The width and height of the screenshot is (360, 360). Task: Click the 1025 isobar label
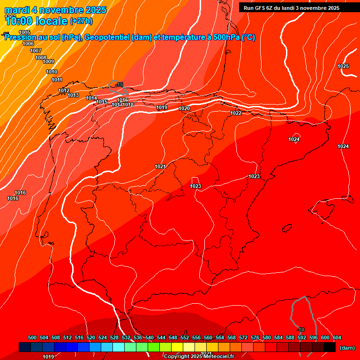pos(343,66)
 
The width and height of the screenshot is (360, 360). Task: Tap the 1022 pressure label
pos(236,113)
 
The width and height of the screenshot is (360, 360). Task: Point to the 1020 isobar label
pos(184,108)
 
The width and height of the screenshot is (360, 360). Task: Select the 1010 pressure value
pos(52,72)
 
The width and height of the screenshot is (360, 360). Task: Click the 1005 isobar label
pos(24,32)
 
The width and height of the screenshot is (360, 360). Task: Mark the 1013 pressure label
pos(73,95)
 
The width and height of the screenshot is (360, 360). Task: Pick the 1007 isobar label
pos(36,51)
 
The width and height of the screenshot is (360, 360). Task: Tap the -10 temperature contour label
pos(301,330)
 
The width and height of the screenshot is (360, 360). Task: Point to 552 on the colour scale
pos(185,337)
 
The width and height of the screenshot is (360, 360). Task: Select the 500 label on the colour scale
pos(32,337)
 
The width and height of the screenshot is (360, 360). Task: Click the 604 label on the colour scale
pos(337,337)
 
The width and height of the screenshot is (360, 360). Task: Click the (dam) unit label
pos(347,348)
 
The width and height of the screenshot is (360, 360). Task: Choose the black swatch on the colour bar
pos(330,347)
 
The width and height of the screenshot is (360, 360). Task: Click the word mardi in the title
pos(17,10)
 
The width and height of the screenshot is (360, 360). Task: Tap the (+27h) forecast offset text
pos(81,21)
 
